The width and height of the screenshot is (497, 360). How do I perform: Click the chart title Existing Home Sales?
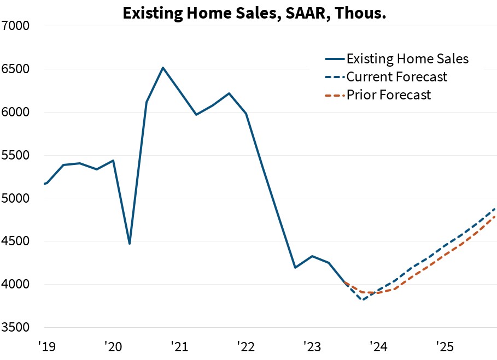tap(254, 13)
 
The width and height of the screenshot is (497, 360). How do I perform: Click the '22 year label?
tap(246, 346)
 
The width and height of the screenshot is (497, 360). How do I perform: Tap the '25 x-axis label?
tap(445, 346)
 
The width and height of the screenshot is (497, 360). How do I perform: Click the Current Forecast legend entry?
tap(396, 76)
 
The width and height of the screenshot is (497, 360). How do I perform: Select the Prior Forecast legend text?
tap(388, 95)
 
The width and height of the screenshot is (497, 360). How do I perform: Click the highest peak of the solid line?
tap(163, 68)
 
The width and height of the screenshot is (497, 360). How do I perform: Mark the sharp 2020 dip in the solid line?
tap(130, 244)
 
